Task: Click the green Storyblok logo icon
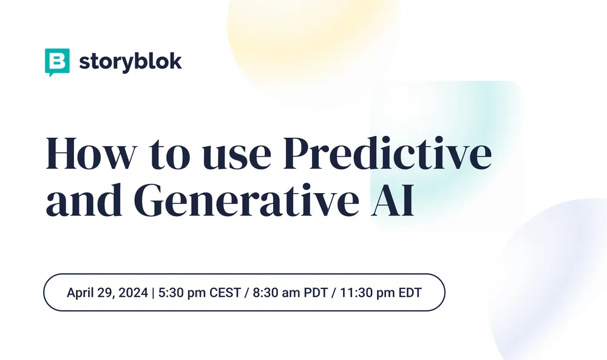point(57,62)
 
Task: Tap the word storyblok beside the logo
point(130,62)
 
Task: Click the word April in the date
point(80,293)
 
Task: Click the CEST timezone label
point(225,293)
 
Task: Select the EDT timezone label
point(410,293)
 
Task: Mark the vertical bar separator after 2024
point(153,293)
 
